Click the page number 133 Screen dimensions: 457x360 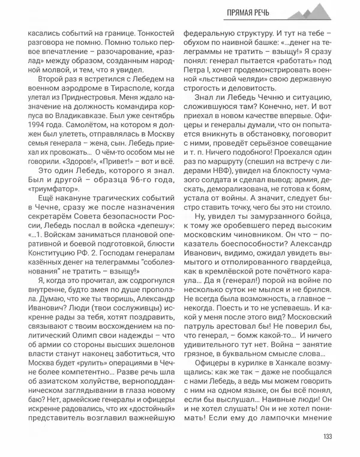[328, 436]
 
